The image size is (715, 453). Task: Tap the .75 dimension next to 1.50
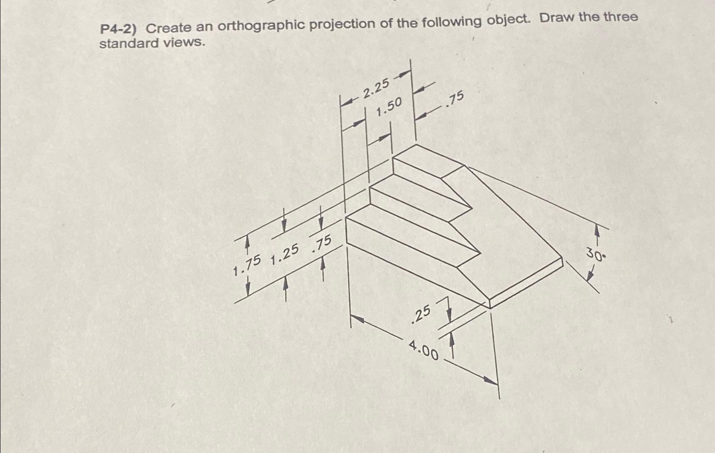(455, 99)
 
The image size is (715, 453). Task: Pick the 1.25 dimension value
(285, 255)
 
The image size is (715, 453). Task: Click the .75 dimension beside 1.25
(321, 244)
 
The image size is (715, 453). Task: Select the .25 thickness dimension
(421, 314)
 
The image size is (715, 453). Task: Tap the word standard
(126, 44)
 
